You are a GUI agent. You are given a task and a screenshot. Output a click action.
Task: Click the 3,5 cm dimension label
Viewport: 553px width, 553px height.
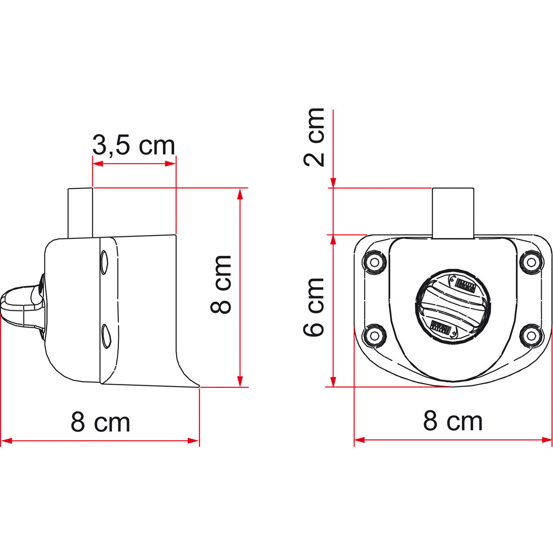click(x=133, y=146)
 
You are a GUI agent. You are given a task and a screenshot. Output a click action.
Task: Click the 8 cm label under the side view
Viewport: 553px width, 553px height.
click(x=100, y=422)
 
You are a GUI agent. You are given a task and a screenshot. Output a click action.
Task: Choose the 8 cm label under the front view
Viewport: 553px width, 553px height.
click(x=452, y=421)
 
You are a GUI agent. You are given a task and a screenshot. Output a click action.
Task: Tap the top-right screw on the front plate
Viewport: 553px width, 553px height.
click(x=531, y=262)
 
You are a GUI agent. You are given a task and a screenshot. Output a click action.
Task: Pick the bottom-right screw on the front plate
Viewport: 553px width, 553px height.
click(x=531, y=335)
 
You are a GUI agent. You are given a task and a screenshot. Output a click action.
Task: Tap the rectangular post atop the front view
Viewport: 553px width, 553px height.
click(x=453, y=213)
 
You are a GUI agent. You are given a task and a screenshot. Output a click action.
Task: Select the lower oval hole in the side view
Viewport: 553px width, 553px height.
click(x=105, y=335)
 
